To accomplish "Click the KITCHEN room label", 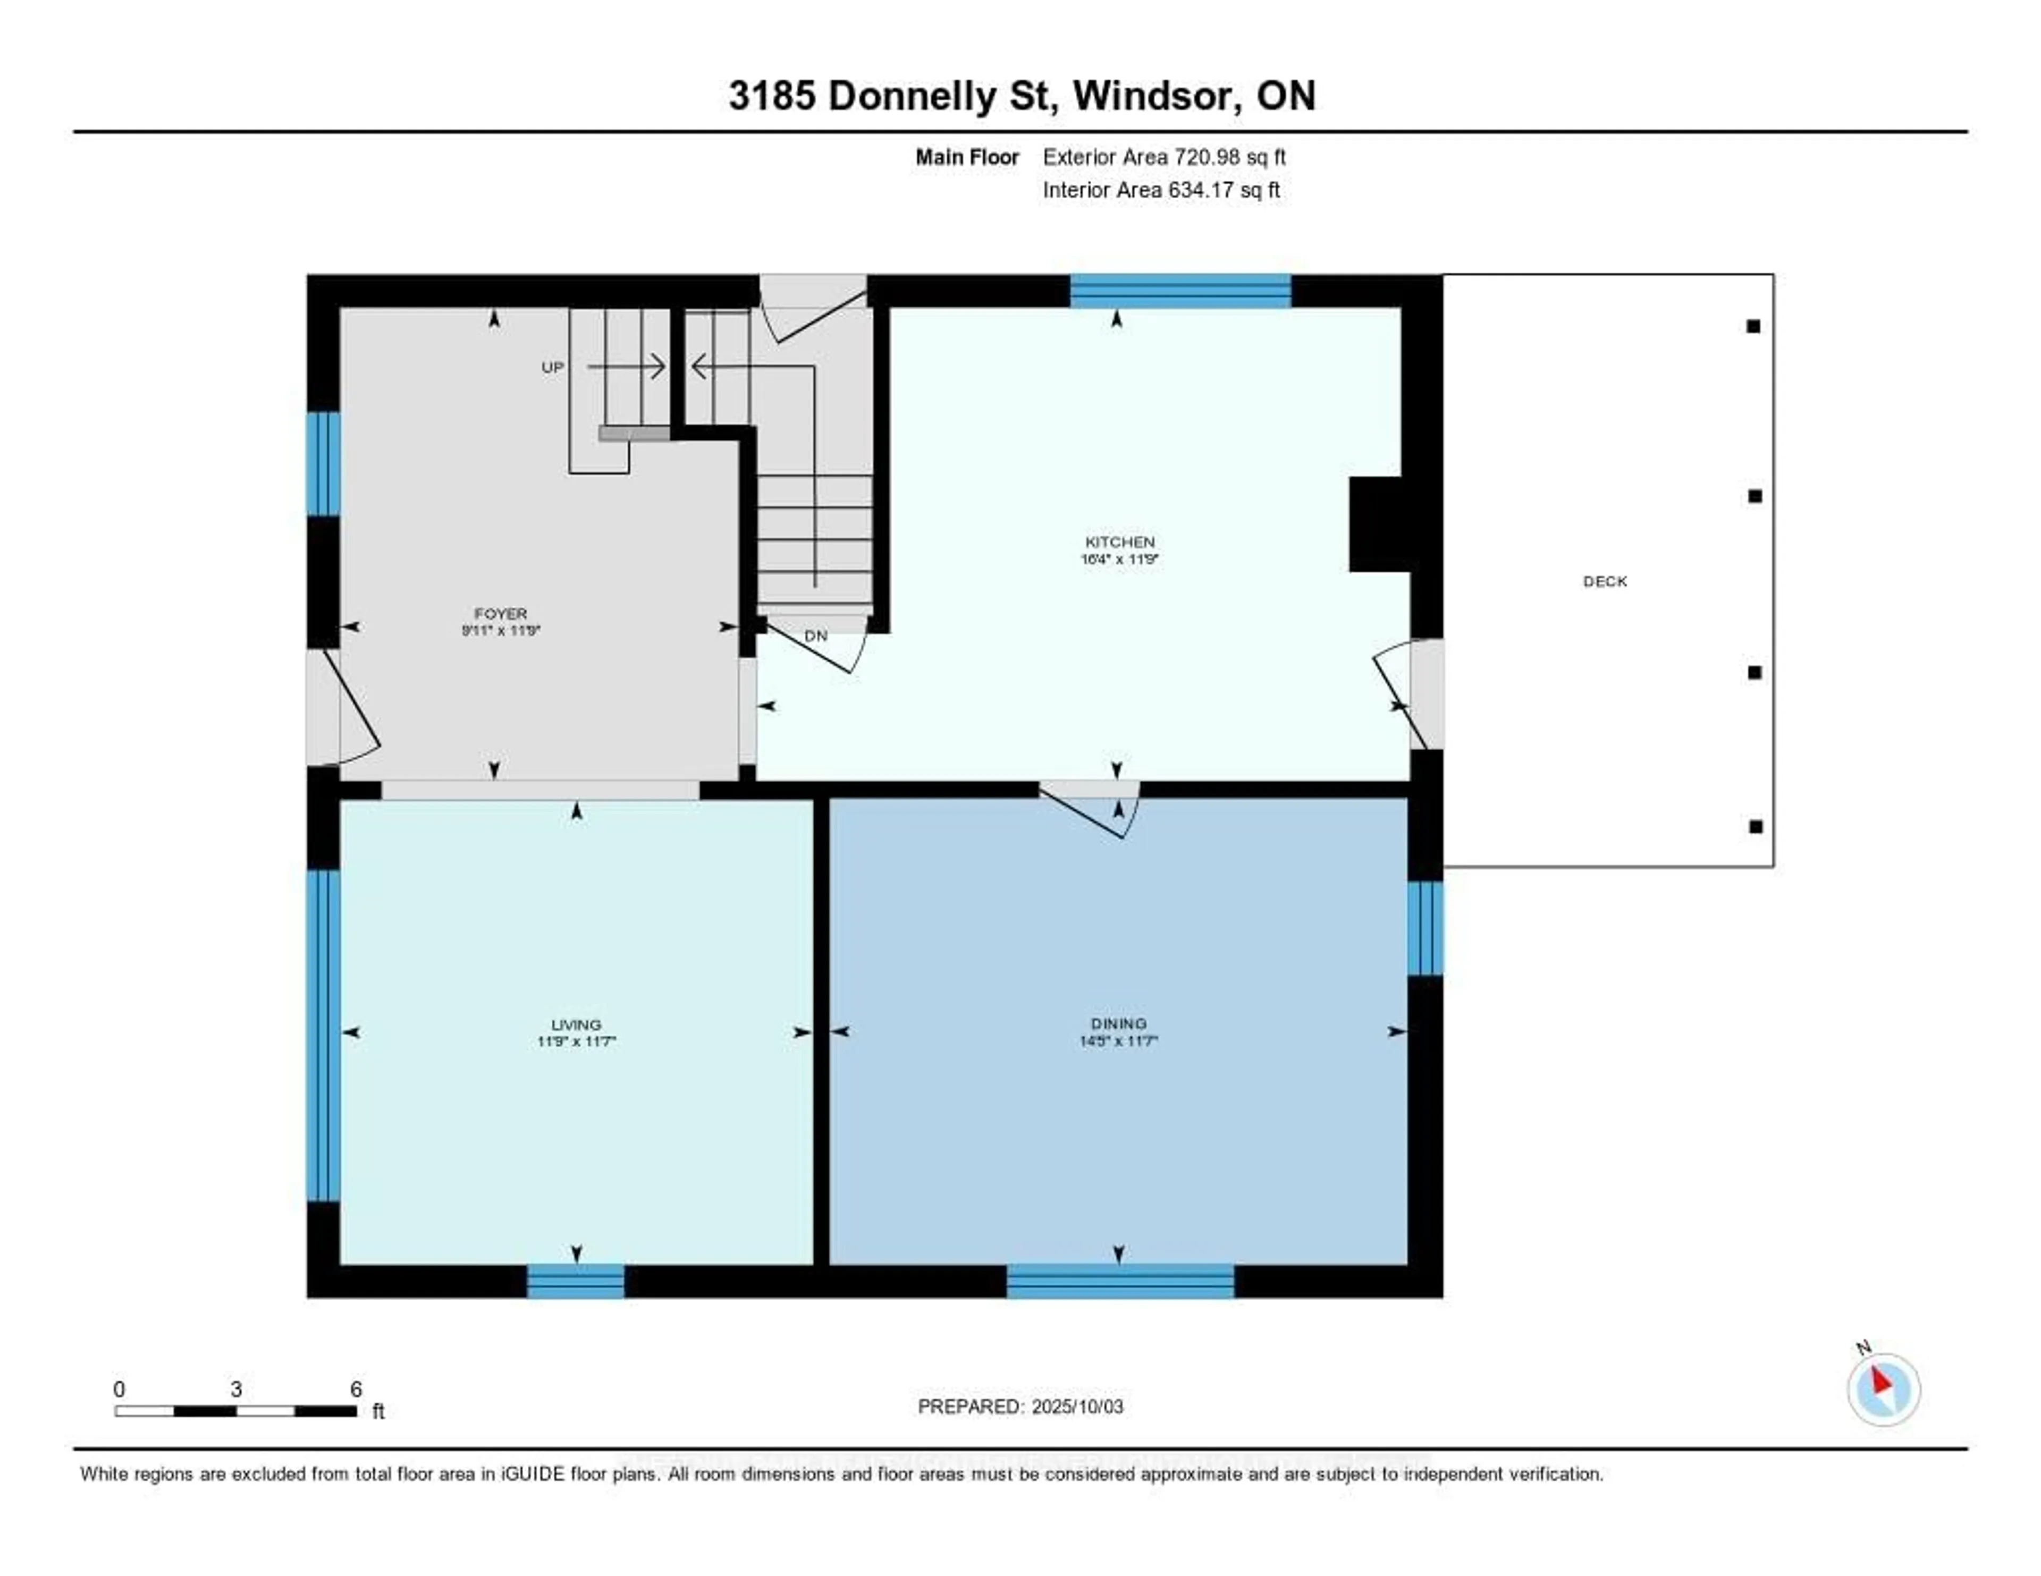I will click(1119, 542).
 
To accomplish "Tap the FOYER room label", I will click(501, 614).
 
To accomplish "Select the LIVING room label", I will click(576, 1025).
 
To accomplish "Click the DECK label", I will click(1605, 581).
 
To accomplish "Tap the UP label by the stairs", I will click(552, 367).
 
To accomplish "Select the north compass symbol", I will click(1883, 1389).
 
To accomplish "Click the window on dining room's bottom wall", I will click(1119, 1281).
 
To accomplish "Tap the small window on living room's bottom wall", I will click(576, 1281).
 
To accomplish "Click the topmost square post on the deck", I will click(1753, 326).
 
